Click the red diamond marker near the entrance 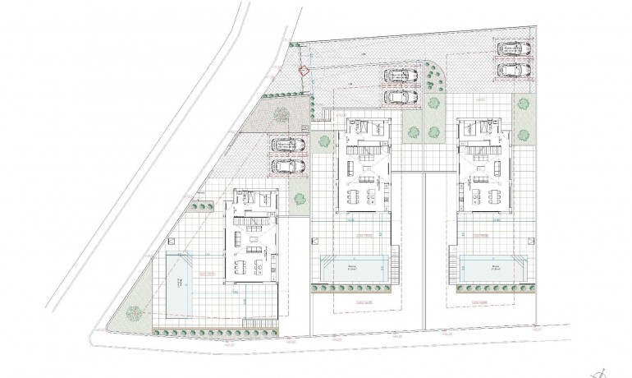coord(304,70)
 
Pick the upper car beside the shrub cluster coord(397,76)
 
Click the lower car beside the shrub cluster coord(397,96)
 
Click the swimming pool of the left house coord(181,284)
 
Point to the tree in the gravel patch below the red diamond coord(282,115)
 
